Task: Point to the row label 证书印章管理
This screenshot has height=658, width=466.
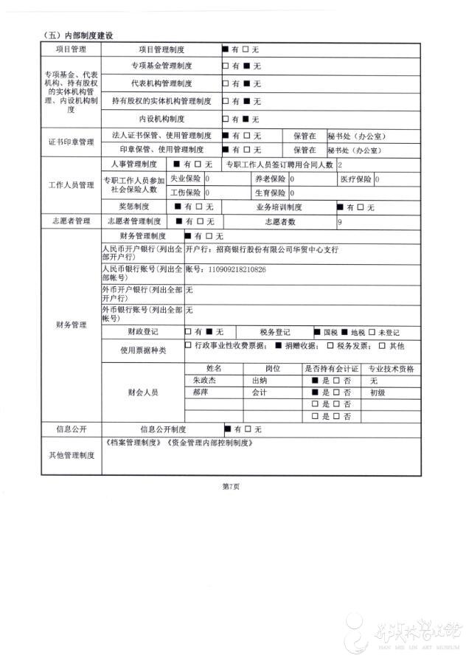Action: [71, 142]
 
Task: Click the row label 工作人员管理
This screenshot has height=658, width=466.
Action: [71, 184]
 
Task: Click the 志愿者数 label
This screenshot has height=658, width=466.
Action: [279, 221]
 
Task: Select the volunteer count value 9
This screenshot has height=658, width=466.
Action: [340, 221]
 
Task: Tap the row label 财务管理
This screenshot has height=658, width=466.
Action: [71, 325]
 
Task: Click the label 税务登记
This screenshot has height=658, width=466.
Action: [275, 332]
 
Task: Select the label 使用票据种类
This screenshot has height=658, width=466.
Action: [143, 349]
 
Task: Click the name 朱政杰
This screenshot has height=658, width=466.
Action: [206, 381]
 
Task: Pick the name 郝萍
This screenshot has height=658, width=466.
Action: [200, 393]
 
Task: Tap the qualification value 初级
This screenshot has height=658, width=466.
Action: [378, 393]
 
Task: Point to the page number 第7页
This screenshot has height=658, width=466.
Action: [232, 487]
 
